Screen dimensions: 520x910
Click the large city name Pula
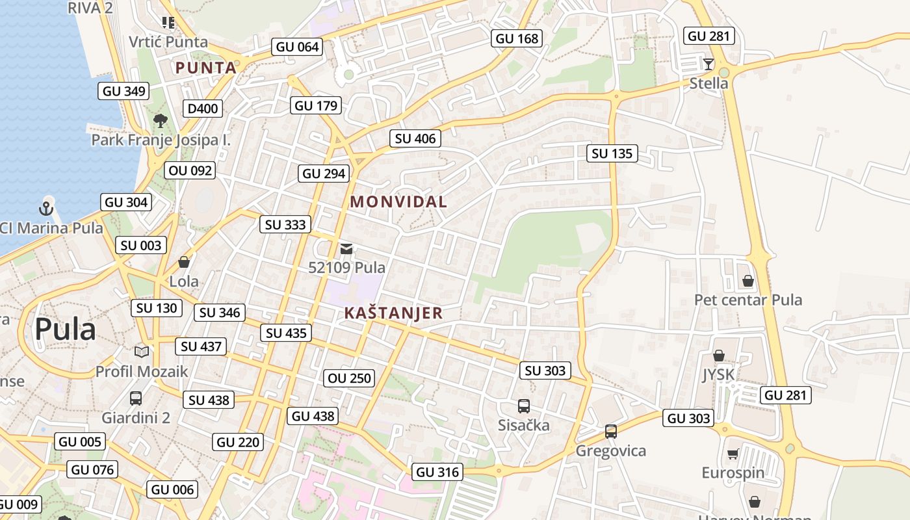[x=65, y=330]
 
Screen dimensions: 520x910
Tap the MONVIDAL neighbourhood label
[x=398, y=202]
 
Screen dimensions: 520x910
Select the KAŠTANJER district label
[x=393, y=313]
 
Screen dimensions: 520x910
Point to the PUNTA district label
[x=205, y=68]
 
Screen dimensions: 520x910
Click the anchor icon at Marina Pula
[x=45, y=209]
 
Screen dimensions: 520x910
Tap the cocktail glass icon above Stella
[x=708, y=64]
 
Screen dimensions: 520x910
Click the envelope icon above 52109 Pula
[x=346, y=248]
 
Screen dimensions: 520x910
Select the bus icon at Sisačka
[x=524, y=406]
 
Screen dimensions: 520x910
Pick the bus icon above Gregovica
[x=611, y=432]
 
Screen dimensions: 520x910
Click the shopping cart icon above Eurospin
[x=733, y=454]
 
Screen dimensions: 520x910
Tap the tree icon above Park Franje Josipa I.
[x=161, y=120]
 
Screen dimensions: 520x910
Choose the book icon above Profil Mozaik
[x=142, y=352]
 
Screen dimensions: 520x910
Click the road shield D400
[x=202, y=109]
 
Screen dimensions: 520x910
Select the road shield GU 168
[x=517, y=38]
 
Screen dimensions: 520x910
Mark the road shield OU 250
[x=350, y=378]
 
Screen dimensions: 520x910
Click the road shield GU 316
[x=437, y=472]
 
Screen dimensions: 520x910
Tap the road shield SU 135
[x=612, y=154]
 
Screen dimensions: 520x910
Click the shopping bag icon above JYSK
[x=719, y=356]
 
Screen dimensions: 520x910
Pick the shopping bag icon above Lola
[x=184, y=262]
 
